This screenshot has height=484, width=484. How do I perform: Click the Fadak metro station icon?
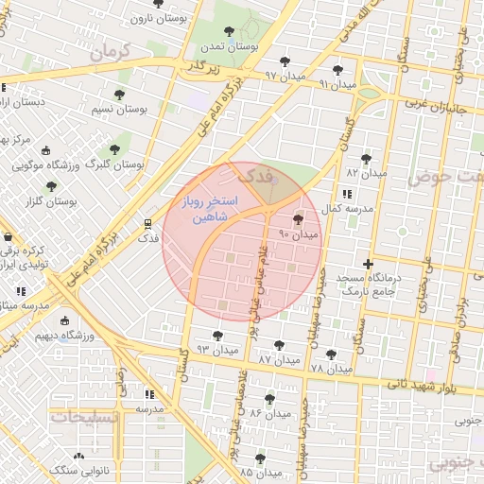pyautogui.click(x=147, y=223)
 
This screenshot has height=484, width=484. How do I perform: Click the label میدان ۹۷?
pyautogui.click(x=284, y=75)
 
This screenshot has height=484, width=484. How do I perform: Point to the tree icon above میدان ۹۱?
pyautogui.click(x=337, y=70)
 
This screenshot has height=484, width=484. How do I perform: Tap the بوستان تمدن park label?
pyautogui.click(x=229, y=45)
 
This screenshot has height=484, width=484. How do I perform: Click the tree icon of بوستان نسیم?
pyautogui.click(x=119, y=95)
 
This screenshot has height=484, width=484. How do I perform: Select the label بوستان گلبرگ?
pyautogui.click(x=114, y=164)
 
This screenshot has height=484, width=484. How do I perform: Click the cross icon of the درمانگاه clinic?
pyautogui.click(x=368, y=263)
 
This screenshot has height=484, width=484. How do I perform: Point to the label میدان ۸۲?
pyautogui.click(x=367, y=173)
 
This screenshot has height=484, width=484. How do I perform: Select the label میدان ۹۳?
pyautogui.click(x=217, y=350)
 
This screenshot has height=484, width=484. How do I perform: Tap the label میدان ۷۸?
pyautogui.click(x=331, y=367)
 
